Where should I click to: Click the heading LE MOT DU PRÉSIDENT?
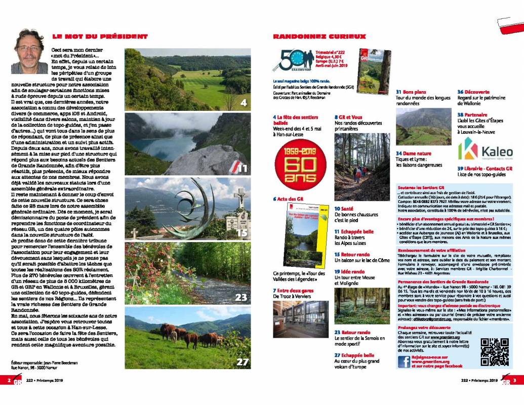pyautogui.click(x=99, y=36)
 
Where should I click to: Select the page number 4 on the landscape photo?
pyautogui.click(x=243, y=103)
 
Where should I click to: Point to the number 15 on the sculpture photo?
pyautogui.click(x=241, y=233)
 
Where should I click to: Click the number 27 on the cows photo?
pyautogui.click(x=242, y=361)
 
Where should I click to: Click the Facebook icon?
pyautogui.click(x=404, y=361)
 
